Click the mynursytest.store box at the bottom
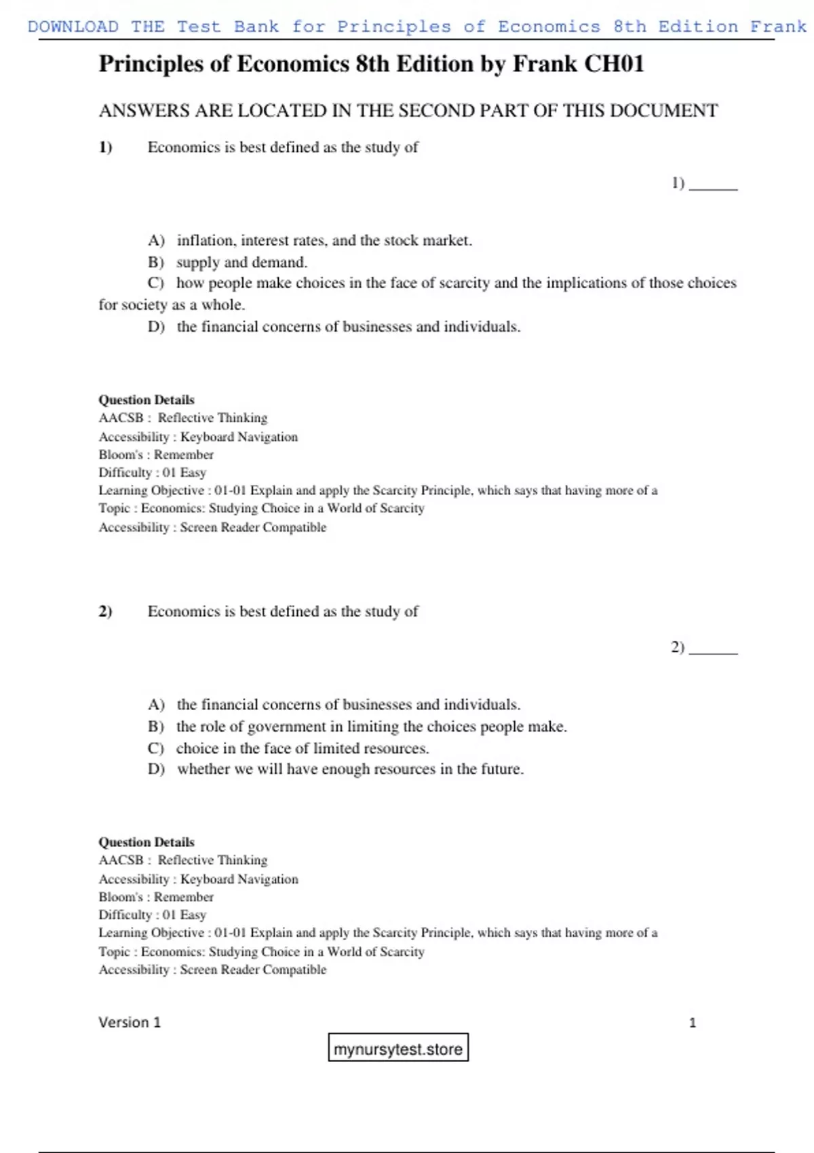(x=398, y=1049)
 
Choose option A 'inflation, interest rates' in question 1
(x=324, y=241)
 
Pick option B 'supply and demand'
(x=241, y=262)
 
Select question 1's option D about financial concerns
(x=348, y=327)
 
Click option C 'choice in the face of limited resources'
(x=303, y=749)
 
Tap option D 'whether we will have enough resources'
(x=350, y=769)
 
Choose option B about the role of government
(x=371, y=727)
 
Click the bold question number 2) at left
(x=105, y=612)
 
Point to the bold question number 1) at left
(x=105, y=148)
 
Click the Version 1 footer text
(x=130, y=1023)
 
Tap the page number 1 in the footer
(x=693, y=1023)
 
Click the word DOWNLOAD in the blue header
(x=73, y=27)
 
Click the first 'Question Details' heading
(x=147, y=400)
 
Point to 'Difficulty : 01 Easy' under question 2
(x=152, y=915)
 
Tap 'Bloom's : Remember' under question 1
(x=156, y=455)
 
